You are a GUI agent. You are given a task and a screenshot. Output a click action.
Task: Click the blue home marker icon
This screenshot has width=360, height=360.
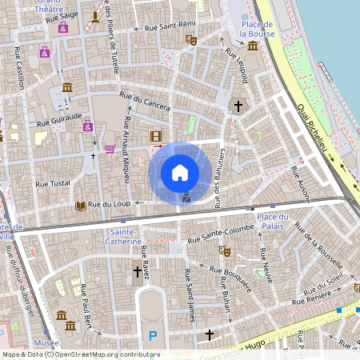180,172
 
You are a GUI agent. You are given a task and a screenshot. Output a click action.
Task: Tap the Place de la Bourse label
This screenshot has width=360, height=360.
257,30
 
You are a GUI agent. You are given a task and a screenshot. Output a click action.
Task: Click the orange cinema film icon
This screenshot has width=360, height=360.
155,137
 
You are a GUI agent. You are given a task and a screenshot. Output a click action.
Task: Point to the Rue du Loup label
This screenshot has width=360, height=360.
109,205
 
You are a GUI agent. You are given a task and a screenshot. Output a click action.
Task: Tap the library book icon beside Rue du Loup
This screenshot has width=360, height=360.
80,206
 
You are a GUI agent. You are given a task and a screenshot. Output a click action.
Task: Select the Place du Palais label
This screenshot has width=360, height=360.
273,222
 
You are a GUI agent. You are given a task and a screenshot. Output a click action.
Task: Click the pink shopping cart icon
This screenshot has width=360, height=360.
109,148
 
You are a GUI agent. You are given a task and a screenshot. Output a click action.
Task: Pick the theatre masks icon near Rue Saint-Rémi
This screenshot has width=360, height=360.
190,38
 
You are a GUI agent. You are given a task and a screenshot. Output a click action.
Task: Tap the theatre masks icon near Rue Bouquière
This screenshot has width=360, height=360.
226,250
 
